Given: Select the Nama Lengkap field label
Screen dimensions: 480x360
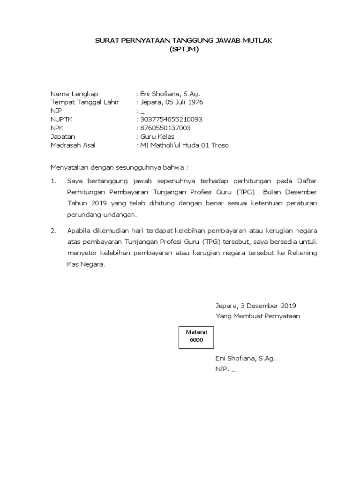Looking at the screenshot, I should [75, 94].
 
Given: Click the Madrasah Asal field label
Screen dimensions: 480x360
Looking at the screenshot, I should [73, 145].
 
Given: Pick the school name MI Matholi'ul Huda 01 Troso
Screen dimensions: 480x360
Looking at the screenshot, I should [184, 145].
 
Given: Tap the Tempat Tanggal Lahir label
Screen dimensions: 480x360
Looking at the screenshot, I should [85, 102].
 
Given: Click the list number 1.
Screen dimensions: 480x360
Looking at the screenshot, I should [53, 180].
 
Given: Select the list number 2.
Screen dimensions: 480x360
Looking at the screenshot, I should [53, 231].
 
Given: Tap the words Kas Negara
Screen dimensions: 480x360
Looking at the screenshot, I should [86, 264].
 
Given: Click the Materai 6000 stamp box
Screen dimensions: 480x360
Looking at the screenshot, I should [196, 336].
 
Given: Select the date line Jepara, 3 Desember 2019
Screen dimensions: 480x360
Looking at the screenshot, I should [255, 306].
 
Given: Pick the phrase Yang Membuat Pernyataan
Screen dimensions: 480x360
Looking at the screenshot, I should [257, 316].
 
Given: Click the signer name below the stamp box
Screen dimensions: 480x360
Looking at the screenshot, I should [245, 359].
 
